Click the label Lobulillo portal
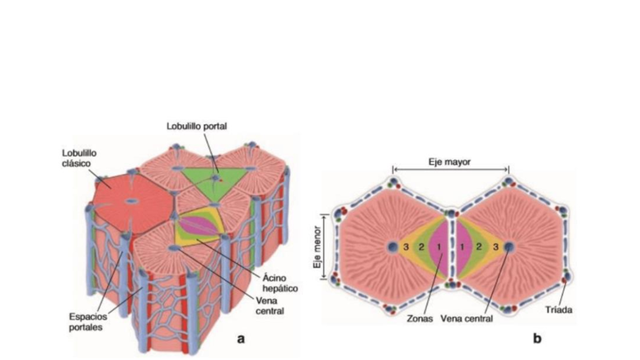click(196, 126)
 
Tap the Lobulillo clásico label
click(79, 158)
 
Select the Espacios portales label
click(88, 322)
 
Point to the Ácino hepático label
click(279, 282)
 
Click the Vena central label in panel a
click(269, 305)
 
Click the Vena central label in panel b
click(467, 318)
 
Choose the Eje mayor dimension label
click(449, 162)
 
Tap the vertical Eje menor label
click(317, 247)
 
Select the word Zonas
click(420, 318)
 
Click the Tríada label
click(558, 310)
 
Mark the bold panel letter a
click(241, 338)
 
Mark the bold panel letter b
click(537, 338)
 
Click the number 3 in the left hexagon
click(406, 247)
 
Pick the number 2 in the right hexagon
click(479, 247)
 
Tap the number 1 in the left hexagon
click(439, 247)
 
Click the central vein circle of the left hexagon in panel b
click(393, 247)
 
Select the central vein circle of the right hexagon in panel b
click(509, 247)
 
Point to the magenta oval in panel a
click(198, 225)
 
